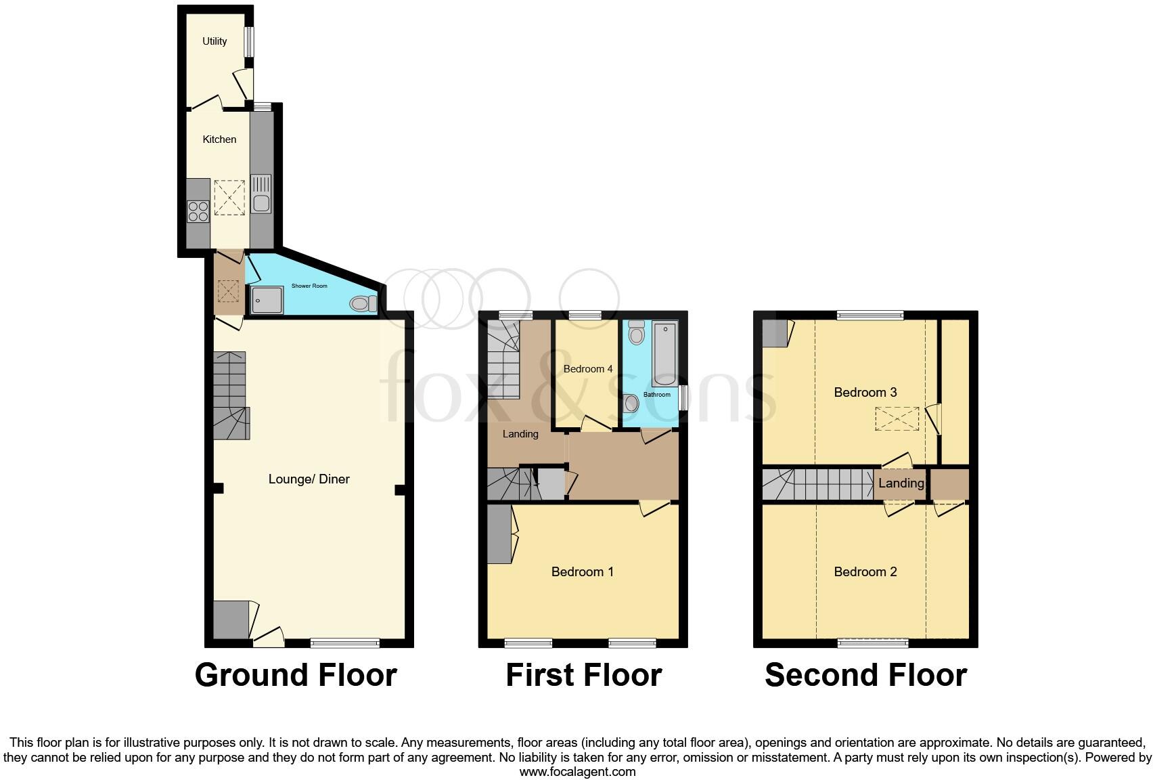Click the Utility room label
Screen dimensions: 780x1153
point(214,41)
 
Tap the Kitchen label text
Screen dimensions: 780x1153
point(219,139)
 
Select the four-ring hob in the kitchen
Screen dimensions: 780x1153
point(198,212)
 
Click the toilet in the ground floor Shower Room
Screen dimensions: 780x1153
point(363,304)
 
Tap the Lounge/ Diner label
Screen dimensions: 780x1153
point(309,479)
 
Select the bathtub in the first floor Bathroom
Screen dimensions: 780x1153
point(664,353)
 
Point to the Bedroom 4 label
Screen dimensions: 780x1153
point(588,369)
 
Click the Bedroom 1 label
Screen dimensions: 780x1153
point(582,572)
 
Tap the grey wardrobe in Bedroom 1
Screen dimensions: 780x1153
point(499,535)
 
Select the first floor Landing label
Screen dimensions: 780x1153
point(520,434)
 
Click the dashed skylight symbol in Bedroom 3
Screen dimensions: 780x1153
point(897,418)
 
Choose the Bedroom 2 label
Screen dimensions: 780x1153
point(865,572)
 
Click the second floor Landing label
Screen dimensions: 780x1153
point(901,483)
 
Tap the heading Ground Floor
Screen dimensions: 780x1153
point(296,675)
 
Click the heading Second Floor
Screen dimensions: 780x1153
point(865,675)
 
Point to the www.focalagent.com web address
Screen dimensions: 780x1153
point(577,771)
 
